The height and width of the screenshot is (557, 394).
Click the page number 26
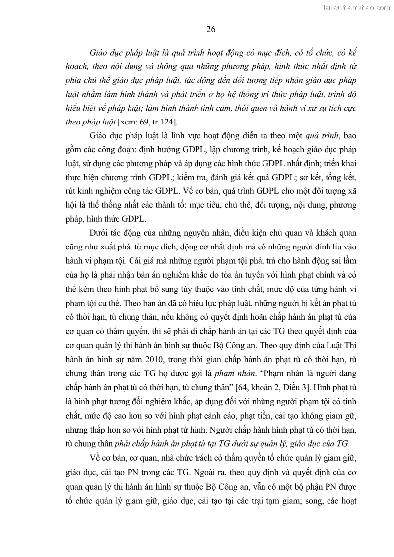tap(210, 29)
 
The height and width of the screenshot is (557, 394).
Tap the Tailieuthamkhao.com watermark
tap(356, 7)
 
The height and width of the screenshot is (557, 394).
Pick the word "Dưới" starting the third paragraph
tap(100, 233)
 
